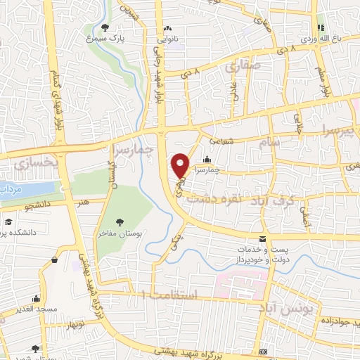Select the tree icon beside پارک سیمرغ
point(105,28)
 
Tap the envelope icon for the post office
point(262,240)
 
